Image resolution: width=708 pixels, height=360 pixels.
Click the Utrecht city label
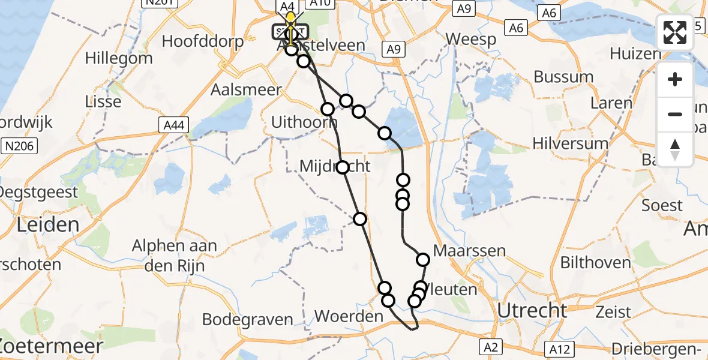532,311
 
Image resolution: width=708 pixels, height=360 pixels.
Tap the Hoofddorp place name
203,41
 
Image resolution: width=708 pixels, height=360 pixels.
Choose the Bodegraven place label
242,319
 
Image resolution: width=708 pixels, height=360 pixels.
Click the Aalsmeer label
247,89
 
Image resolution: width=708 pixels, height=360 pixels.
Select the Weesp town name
471,40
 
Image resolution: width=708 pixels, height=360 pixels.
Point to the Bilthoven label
595,262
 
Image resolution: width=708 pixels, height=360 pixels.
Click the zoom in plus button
675,79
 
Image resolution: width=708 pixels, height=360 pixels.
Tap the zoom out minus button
675,114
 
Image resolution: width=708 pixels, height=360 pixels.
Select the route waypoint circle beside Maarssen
423,260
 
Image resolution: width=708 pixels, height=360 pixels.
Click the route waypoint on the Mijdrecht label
342,167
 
